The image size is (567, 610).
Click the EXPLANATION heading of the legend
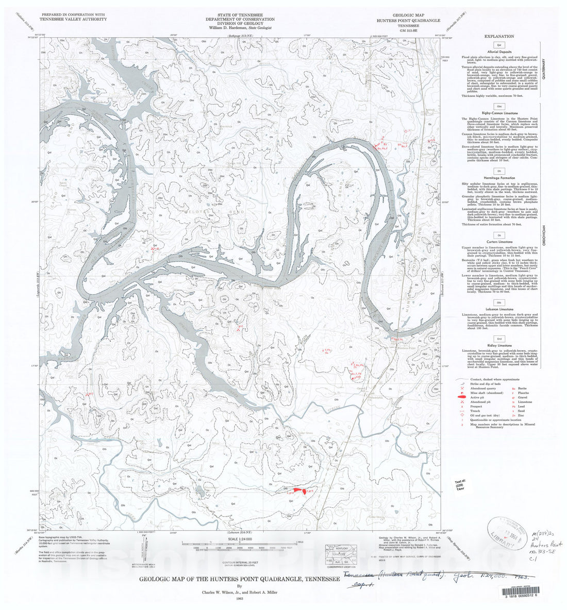(499, 37)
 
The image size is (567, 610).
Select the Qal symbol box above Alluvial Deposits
(499, 45)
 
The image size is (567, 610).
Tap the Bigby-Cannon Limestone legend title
(499, 112)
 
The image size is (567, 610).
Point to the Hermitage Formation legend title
(499, 178)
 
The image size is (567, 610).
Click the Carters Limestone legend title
(499, 242)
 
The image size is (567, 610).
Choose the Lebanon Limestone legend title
(499, 309)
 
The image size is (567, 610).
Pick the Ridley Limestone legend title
(499, 345)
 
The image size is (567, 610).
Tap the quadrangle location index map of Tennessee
(341, 552)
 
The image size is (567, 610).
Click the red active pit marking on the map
(296, 489)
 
